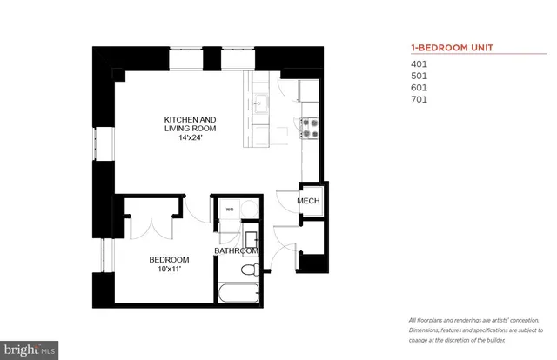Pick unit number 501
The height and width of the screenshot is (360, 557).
pyautogui.click(x=419, y=76)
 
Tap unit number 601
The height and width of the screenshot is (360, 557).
pyautogui.click(x=419, y=88)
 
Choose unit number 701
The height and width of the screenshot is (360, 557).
pyautogui.click(x=419, y=100)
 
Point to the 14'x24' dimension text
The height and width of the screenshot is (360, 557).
pyautogui.click(x=191, y=138)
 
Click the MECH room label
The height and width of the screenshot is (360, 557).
pyautogui.click(x=309, y=203)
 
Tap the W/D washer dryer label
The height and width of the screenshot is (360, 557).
pyautogui.click(x=231, y=209)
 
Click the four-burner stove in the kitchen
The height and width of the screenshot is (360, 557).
pyautogui.click(x=309, y=129)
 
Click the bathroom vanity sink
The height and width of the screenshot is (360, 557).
pyautogui.click(x=250, y=238)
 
